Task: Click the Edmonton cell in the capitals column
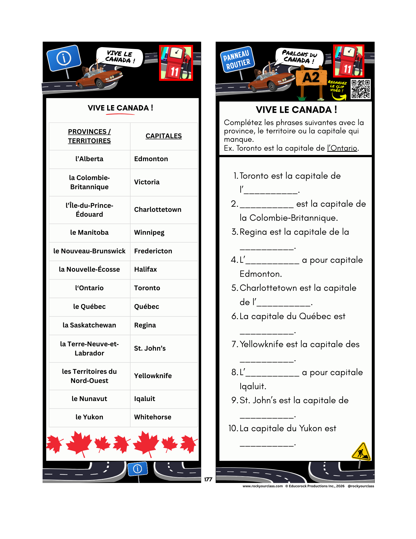coord(151,159)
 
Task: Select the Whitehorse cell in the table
coord(152,417)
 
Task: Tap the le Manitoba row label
coord(89,233)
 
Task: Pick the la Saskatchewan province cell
coord(89,325)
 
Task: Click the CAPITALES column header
coord(163,136)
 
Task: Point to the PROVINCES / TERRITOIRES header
coord(89,136)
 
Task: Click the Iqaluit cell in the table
coord(145,399)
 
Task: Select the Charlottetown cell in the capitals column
coord(158,210)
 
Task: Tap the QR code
coord(361,89)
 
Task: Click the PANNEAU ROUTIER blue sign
coord(237,60)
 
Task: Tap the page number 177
coord(208,479)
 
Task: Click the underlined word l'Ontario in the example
coord(342,148)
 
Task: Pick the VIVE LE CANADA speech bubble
coord(120,57)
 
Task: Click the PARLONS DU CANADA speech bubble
coord(299,57)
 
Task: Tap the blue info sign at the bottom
coord(138,469)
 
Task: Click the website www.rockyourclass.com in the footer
coord(263,486)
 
